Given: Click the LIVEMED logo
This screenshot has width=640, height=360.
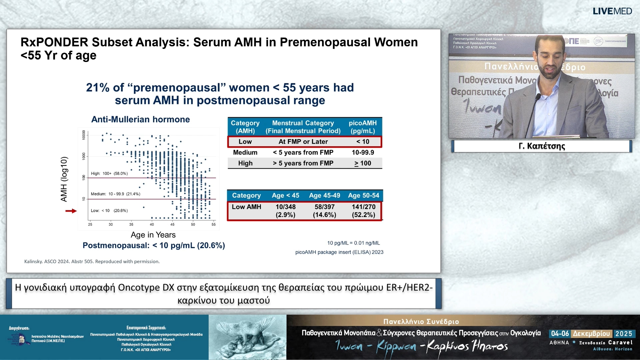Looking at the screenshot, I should point(612,11).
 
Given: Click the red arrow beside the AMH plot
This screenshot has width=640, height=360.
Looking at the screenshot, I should point(71,211).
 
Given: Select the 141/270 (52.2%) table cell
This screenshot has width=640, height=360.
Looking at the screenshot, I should point(363,211).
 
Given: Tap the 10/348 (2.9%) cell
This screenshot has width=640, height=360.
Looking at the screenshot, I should point(285,211).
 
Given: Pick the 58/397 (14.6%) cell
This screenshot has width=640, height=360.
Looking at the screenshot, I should point(324,211).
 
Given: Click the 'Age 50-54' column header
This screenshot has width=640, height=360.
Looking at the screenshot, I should point(363,195).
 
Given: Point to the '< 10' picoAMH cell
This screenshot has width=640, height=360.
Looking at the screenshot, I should point(363,142).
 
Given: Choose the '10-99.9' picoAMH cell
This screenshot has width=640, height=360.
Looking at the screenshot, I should point(363,152).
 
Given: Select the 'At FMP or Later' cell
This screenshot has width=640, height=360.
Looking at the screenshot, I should point(303,142).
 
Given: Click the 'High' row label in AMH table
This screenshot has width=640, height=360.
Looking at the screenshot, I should point(245,163).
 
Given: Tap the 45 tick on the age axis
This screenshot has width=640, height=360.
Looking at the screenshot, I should point(172,224).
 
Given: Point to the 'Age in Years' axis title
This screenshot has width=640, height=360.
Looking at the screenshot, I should point(153,235).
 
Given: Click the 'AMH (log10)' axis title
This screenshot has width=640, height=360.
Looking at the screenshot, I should point(64,179).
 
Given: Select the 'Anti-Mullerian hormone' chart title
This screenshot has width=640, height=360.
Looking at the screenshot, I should point(140,119).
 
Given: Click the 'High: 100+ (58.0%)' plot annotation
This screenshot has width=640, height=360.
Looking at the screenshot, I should point(109,173).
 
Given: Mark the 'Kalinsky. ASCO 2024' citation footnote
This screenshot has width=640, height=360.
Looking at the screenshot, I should point(92,261).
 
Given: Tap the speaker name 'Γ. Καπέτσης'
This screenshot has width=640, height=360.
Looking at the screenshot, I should point(542,146).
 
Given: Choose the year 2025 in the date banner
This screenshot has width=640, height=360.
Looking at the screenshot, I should point(624,334).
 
